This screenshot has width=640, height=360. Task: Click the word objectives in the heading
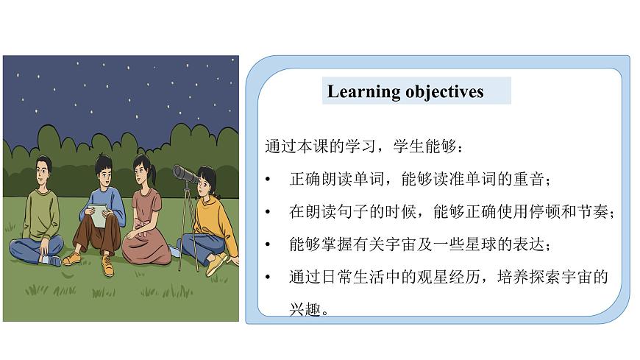444,92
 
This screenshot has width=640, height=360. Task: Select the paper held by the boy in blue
99,215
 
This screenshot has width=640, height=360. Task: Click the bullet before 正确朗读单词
269,180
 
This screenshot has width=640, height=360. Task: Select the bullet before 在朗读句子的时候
269,212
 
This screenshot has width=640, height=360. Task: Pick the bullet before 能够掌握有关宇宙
269,244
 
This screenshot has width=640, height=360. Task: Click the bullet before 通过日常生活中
269,277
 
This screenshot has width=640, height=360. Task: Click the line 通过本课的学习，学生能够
363,147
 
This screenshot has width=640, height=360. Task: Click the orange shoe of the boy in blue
72,258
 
